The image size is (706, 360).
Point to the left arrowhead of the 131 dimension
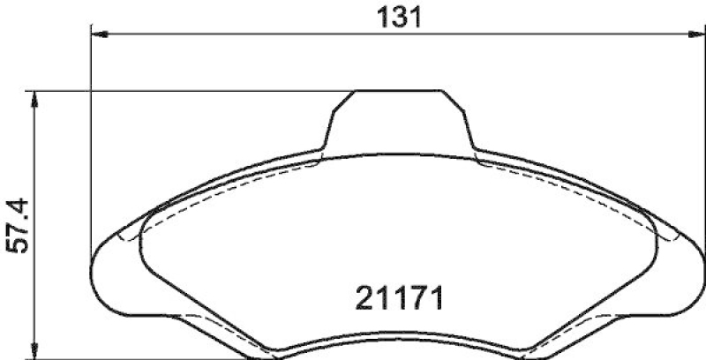pos(98,34)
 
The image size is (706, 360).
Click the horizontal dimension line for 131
pos(265,34)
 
